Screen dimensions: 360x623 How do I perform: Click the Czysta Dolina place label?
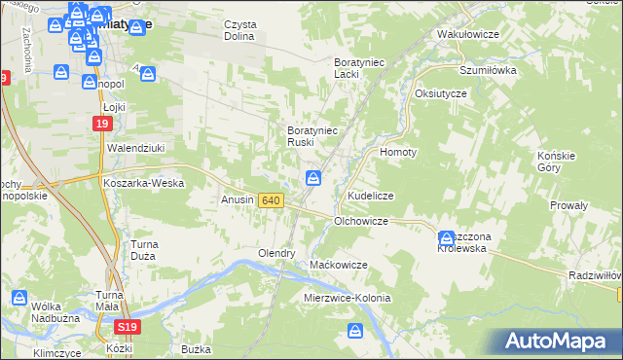[x=238, y=30]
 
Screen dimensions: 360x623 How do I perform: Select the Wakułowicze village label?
[x=468, y=34]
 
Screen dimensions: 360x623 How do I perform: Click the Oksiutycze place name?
[x=441, y=92]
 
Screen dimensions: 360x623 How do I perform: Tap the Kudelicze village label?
[x=370, y=196]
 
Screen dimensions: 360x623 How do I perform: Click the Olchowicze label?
[x=361, y=221]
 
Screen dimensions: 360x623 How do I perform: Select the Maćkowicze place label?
[x=338, y=265]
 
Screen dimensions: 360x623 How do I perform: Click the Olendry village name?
[x=275, y=253]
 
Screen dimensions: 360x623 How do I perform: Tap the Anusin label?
[x=238, y=200]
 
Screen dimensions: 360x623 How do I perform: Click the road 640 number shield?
[x=272, y=200]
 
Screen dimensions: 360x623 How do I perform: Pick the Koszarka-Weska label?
[x=143, y=182]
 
